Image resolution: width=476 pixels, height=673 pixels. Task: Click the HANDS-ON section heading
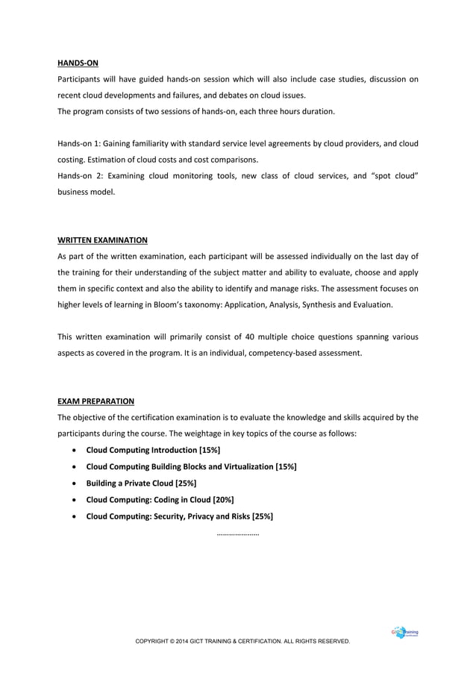[78, 63]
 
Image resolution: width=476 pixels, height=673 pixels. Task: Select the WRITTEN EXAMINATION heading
[102, 240]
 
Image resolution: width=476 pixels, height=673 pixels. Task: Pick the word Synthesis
[336, 304]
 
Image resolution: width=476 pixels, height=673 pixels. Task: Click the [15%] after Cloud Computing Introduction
[210, 450]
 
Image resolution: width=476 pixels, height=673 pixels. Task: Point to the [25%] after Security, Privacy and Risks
[262, 516]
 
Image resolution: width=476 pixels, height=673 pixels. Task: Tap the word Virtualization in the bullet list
[248, 466]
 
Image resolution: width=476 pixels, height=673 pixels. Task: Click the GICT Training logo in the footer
[404, 633]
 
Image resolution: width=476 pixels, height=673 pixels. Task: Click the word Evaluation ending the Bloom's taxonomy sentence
[387, 304]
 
